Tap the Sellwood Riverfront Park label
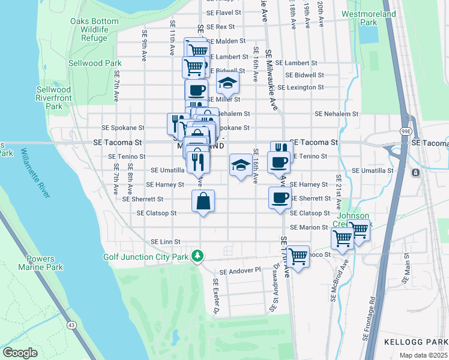[x=53, y=98]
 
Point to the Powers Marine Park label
[x=44, y=263]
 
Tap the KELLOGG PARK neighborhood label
[x=415, y=342]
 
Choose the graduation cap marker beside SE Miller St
[x=228, y=83]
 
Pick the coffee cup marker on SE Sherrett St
[x=280, y=198]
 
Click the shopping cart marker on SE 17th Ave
[x=298, y=257]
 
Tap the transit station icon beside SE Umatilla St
[x=415, y=173]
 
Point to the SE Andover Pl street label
[x=240, y=271]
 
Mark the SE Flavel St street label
[x=223, y=12]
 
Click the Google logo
[x=20, y=352]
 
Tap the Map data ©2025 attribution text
[x=423, y=355]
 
